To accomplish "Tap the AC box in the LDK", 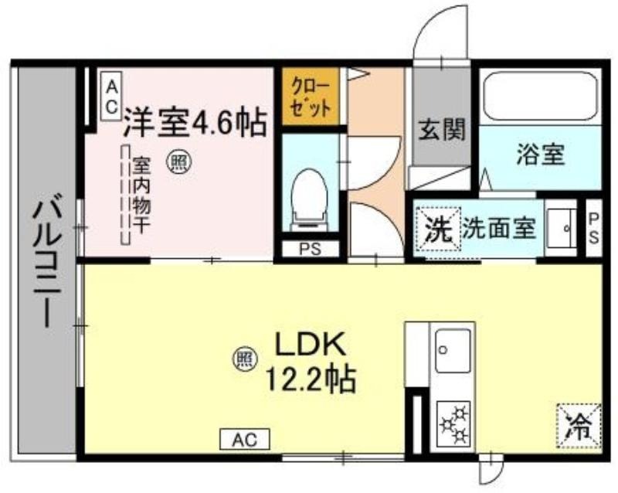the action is click(245, 439).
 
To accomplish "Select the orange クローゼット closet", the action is click(311, 97).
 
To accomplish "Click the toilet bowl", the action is click(310, 200).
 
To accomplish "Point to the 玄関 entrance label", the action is click(442, 129).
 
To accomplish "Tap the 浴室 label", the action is click(541, 154).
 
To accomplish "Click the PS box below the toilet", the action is click(311, 249).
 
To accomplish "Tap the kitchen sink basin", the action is click(453, 351).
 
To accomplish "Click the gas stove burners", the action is click(453, 424).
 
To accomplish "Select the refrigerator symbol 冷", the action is click(579, 427).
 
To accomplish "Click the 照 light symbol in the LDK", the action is click(245, 359).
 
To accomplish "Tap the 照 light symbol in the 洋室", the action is click(178, 161).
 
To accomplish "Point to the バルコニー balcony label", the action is click(47, 263).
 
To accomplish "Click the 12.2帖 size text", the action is click(311, 379).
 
